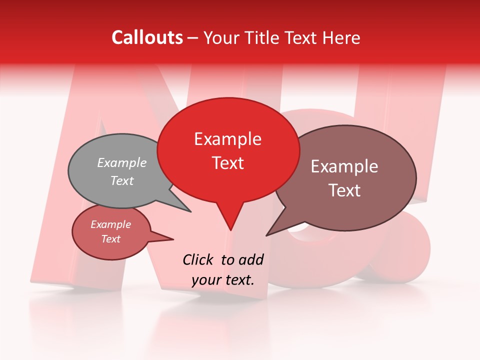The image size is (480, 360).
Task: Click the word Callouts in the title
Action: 147,37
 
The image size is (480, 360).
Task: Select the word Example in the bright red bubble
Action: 227,139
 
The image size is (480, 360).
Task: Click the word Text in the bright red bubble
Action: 227,163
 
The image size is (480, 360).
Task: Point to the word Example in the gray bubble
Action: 122,162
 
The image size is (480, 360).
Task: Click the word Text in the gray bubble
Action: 122,180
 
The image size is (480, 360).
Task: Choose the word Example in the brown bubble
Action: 344,166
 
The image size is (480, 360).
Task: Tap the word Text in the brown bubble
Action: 344,190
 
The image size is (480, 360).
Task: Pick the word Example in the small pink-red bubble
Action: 110,224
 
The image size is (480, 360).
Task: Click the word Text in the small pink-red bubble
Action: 110,239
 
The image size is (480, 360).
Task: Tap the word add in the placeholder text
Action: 250,259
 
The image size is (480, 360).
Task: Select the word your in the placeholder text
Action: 206,280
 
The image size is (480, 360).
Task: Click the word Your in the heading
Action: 221,37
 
